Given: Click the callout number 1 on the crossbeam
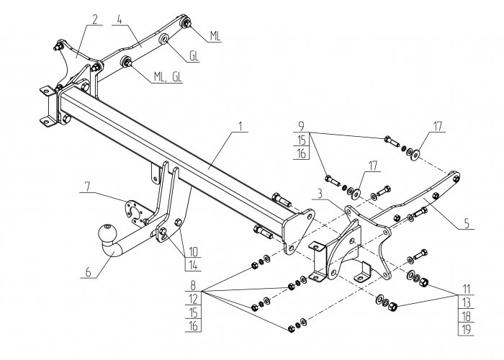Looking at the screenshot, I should pos(239,127).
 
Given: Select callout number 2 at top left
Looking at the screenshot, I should pos(94,19).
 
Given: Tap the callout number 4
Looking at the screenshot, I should pos(120,19).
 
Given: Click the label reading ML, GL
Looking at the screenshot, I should pos(168,78).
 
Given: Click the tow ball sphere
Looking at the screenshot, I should pos(107,235).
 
